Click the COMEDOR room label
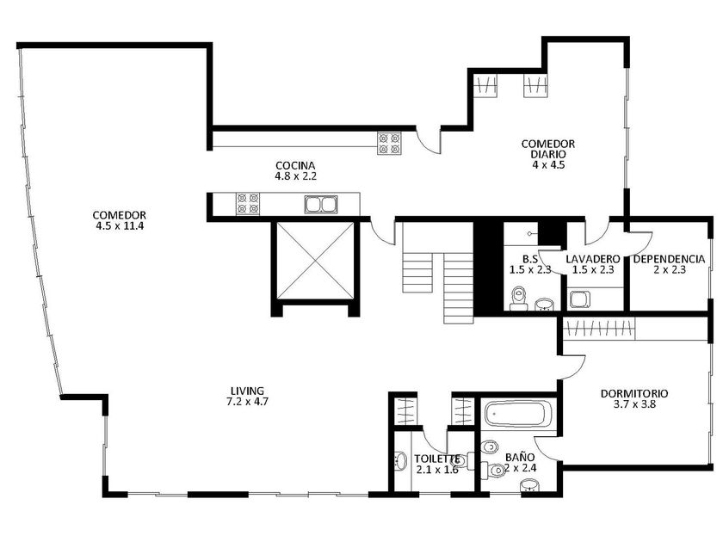tap(120, 215)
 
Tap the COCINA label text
tap(295, 165)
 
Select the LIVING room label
tap(247, 391)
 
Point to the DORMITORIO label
tap(634, 394)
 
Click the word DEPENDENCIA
tap(669, 259)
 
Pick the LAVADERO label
tap(592, 259)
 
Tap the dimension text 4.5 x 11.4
tap(120, 226)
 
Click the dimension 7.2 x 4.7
tap(247, 402)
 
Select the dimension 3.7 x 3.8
tap(634, 404)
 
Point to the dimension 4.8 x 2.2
tap(295, 176)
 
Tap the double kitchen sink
tap(321, 204)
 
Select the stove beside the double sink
tap(247, 204)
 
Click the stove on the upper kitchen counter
tap(389, 144)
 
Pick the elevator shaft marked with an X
tap(316, 261)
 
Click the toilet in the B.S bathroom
tap(519, 299)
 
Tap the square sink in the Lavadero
tap(579, 299)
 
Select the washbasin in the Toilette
tap(401, 460)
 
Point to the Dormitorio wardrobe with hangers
tap(599, 329)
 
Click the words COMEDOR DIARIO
tap(547, 149)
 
